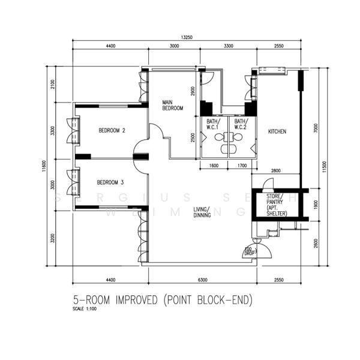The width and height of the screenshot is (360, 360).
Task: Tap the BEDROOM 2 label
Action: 111,130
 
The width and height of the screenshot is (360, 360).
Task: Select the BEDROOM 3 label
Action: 111,182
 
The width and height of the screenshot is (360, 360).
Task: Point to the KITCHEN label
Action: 277,131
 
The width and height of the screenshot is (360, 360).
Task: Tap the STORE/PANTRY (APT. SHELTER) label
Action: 277,205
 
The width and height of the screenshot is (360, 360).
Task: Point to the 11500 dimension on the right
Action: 325,166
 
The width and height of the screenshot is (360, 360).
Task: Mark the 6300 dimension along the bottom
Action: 202,280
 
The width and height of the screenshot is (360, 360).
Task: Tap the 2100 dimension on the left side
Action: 53,84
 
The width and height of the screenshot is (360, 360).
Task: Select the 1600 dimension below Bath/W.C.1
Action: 214,166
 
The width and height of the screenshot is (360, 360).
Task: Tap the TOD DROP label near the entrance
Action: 248,251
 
